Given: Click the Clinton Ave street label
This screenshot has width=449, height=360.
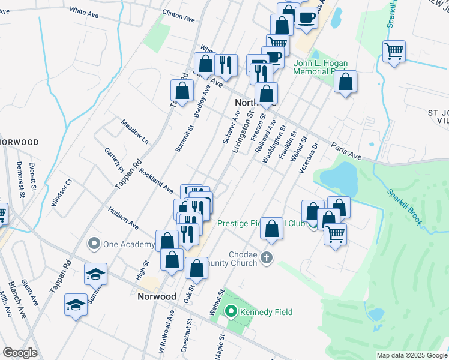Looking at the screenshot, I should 179,17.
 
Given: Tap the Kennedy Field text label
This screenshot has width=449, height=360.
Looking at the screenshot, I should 266,312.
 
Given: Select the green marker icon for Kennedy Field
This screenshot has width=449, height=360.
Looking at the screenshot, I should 231,312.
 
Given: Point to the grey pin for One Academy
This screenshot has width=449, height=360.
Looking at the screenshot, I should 94,244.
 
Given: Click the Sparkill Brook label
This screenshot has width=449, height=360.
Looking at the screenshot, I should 404,208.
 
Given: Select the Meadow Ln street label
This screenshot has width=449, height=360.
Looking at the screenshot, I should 134,130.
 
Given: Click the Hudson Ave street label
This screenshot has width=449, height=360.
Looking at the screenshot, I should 123,218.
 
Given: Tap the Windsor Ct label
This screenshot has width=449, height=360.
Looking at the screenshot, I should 62,193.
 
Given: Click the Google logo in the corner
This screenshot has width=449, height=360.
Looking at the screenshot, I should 20,353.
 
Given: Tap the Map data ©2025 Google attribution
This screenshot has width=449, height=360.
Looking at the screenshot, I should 411,355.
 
